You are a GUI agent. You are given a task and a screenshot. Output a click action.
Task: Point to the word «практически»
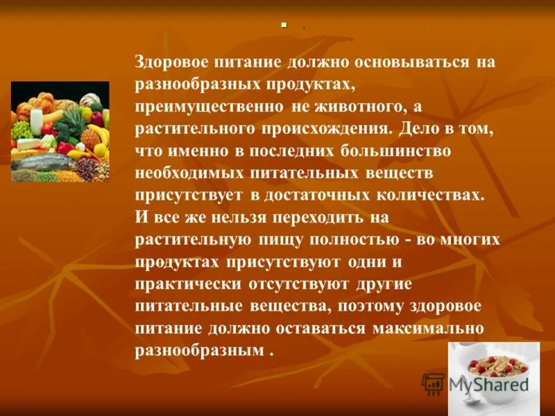189,284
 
